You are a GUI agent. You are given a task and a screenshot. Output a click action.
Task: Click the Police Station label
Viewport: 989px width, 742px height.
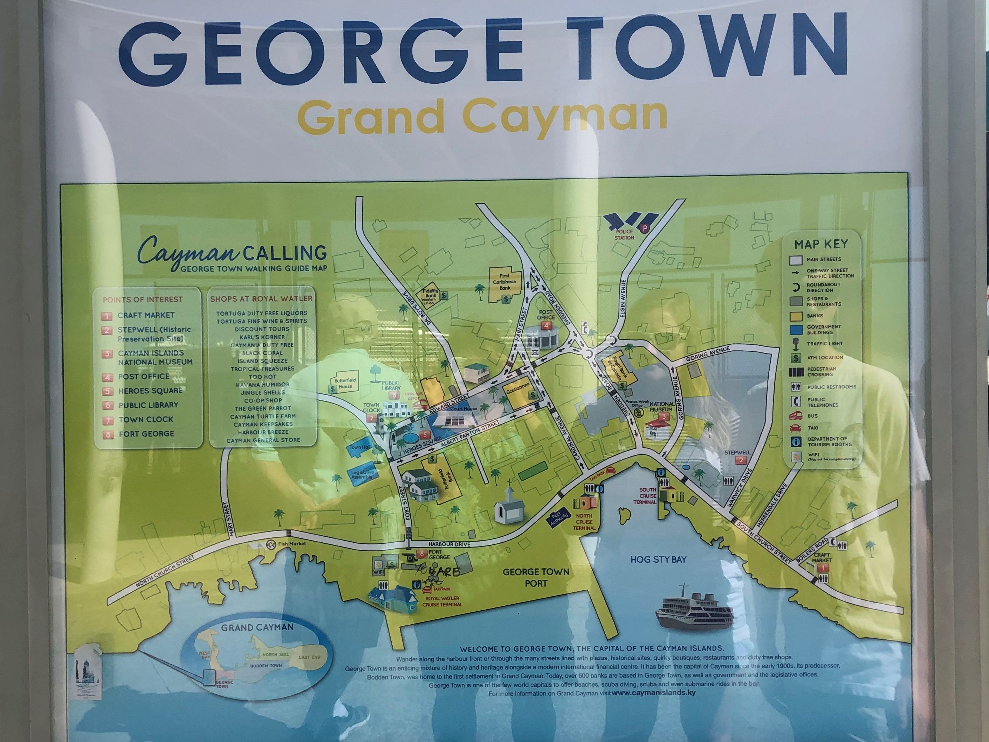[x=624, y=235]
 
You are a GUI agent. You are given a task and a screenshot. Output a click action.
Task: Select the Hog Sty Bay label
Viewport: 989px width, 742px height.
[x=658, y=559]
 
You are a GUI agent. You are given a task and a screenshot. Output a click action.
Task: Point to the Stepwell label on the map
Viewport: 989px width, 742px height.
[x=737, y=452]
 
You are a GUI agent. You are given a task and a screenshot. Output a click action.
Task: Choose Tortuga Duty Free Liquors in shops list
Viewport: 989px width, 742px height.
[x=262, y=313]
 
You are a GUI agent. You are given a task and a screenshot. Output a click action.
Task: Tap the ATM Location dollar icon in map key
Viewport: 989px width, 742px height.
[x=796, y=358]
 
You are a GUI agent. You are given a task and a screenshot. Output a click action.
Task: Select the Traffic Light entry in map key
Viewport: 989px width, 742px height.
[x=824, y=344]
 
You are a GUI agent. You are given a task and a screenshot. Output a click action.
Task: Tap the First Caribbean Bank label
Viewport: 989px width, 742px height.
[x=504, y=282]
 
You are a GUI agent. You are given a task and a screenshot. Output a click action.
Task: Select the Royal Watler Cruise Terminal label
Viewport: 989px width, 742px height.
[x=442, y=601]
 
